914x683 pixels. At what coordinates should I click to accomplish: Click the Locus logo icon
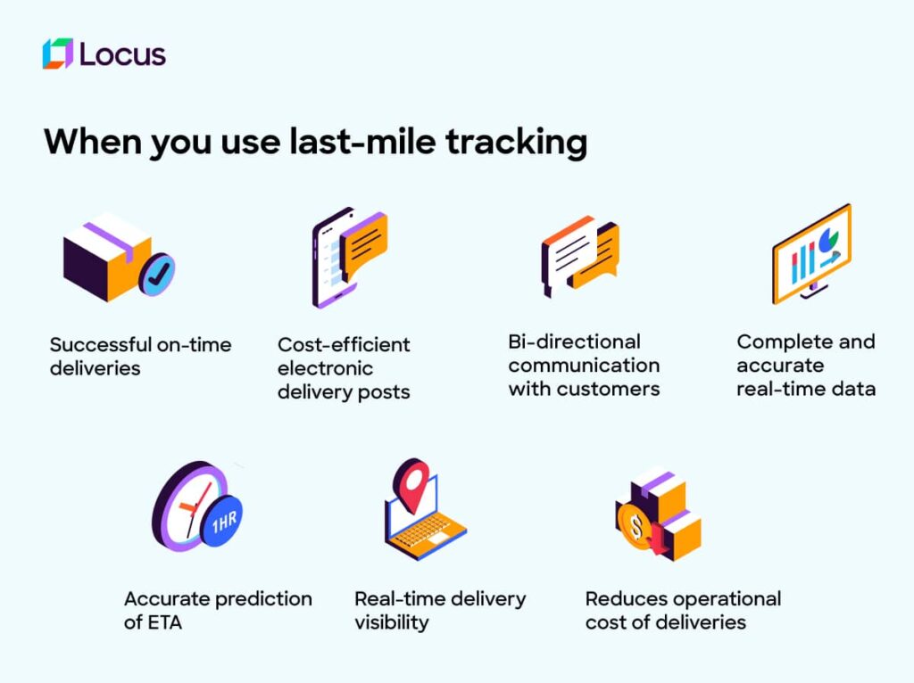(58, 53)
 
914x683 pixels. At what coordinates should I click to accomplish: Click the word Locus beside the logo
(122, 54)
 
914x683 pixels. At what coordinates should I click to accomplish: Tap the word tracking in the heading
(517, 143)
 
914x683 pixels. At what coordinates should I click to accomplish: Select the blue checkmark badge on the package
(157, 275)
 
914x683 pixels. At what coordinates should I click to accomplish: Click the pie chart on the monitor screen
(827, 240)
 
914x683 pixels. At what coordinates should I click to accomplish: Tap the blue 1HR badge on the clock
(222, 521)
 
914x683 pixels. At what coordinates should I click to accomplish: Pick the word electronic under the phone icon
(325, 368)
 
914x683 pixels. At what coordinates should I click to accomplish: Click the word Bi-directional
(574, 341)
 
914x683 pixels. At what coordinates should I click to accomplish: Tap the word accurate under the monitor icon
(780, 366)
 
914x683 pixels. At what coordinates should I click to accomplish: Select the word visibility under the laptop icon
(392, 622)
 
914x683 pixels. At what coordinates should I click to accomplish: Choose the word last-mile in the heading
(362, 142)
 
